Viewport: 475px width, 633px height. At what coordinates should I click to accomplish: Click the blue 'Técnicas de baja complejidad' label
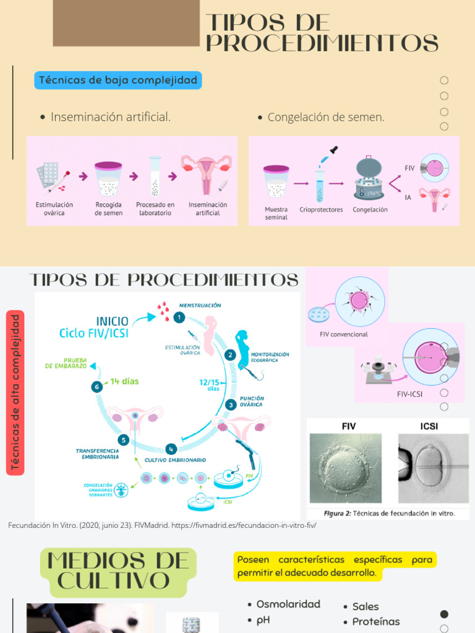[x=118, y=80]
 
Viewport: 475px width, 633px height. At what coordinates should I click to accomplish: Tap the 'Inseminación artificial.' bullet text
[x=111, y=117]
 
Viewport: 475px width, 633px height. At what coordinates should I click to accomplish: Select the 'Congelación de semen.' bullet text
[x=326, y=117]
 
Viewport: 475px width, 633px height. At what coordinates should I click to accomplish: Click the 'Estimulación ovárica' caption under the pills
[x=54, y=209]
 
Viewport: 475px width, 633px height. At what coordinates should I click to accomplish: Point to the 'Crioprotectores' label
[x=321, y=210]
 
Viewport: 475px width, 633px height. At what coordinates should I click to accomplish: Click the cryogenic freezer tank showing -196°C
[x=369, y=179]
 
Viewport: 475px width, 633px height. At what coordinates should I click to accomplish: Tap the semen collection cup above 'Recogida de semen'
[x=108, y=179]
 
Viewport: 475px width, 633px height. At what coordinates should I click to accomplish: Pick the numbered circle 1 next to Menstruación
[x=179, y=317]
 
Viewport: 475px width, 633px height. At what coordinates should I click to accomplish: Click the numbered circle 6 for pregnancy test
[x=96, y=386]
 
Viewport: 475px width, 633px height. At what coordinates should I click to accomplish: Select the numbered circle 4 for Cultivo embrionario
[x=171, y=449]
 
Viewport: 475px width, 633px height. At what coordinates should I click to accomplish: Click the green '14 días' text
[x=124, y=381]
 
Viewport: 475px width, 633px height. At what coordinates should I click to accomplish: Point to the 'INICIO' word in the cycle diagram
[x=112, y=321]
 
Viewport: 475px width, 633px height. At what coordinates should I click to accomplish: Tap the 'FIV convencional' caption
[x=344, y=334]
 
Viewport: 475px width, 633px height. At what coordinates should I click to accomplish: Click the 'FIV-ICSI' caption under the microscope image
[x=409, y=394]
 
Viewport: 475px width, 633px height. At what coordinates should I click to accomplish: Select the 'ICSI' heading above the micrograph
[x=429, y=427]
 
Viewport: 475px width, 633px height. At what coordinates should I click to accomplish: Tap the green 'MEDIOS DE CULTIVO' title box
[x=118, y=572]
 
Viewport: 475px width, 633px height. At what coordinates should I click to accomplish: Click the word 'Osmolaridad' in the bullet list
[x=288, y=604]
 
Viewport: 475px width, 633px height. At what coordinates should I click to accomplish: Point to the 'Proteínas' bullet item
[x=376, y=621]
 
